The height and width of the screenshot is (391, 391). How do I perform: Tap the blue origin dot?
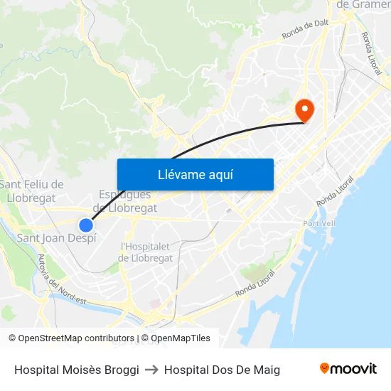pos(86,225)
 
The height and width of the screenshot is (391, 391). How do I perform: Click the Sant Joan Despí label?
pos(56,238)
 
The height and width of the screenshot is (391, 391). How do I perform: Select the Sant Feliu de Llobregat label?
pos(31,191)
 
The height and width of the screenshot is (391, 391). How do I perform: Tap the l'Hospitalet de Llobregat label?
pos(146,252)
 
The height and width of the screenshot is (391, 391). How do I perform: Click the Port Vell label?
pos(317,223)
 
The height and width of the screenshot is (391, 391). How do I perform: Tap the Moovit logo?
pos(348,369)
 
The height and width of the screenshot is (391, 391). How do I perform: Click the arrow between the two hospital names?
pos(152,370)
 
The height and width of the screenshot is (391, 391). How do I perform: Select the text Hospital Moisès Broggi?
pos(76,370)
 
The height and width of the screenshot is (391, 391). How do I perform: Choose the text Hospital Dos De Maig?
pos(222,370)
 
